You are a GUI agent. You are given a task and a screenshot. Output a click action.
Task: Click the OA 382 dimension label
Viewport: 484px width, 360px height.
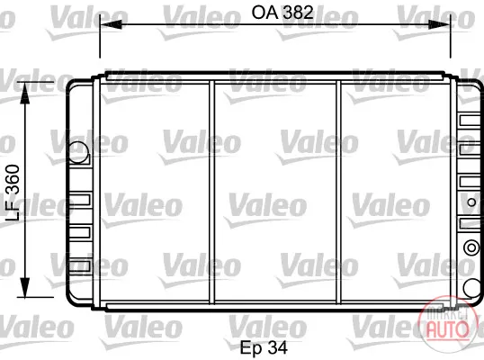(x=282, y=13)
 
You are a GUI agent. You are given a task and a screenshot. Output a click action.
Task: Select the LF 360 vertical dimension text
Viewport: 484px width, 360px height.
(x=13, y=193)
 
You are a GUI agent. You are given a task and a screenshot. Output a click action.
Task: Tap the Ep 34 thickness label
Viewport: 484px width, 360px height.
(x=264, y=347)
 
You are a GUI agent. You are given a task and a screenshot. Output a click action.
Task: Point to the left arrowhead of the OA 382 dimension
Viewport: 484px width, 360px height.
(x=111, y=24)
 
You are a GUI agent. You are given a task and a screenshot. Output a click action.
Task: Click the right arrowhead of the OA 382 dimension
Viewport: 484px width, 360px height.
(x=439, y=24)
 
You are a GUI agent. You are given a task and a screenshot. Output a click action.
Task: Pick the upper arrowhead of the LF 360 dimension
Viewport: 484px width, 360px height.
(x=24, y=93)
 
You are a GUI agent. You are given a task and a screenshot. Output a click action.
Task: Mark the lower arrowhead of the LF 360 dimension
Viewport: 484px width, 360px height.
(x=24, y=287)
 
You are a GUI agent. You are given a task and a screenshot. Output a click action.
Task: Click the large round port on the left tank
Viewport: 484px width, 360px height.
(x=78, y=152)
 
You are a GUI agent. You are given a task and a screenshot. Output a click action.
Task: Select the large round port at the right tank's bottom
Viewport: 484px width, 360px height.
(x=472, y=288)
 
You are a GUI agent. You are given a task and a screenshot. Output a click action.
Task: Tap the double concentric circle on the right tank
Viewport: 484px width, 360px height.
(x=471, y=247)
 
